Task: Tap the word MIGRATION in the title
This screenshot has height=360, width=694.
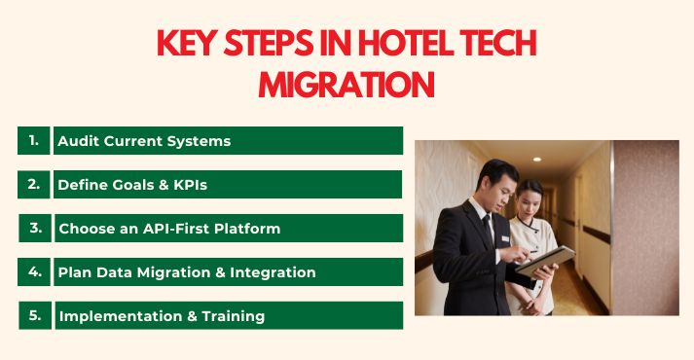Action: pyautogui.click(x=347, y=84)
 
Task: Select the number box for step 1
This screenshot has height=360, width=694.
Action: pyautogui.click(x=33, y=140)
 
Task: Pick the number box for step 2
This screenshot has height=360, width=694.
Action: pyautogui.click(x=33, y=184)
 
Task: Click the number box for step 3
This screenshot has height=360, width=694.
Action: pyautogui.click(x=35, y=228)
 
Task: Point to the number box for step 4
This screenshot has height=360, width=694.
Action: pyautogui.click(x=35, y=271)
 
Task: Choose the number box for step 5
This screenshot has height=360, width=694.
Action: pyautogui.click(x=35, y=315)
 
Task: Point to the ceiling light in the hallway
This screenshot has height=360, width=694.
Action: pyautogui.click(x=536, y=159)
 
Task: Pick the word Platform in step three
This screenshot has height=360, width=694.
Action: pyautogui.click(x=247, y=229)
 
